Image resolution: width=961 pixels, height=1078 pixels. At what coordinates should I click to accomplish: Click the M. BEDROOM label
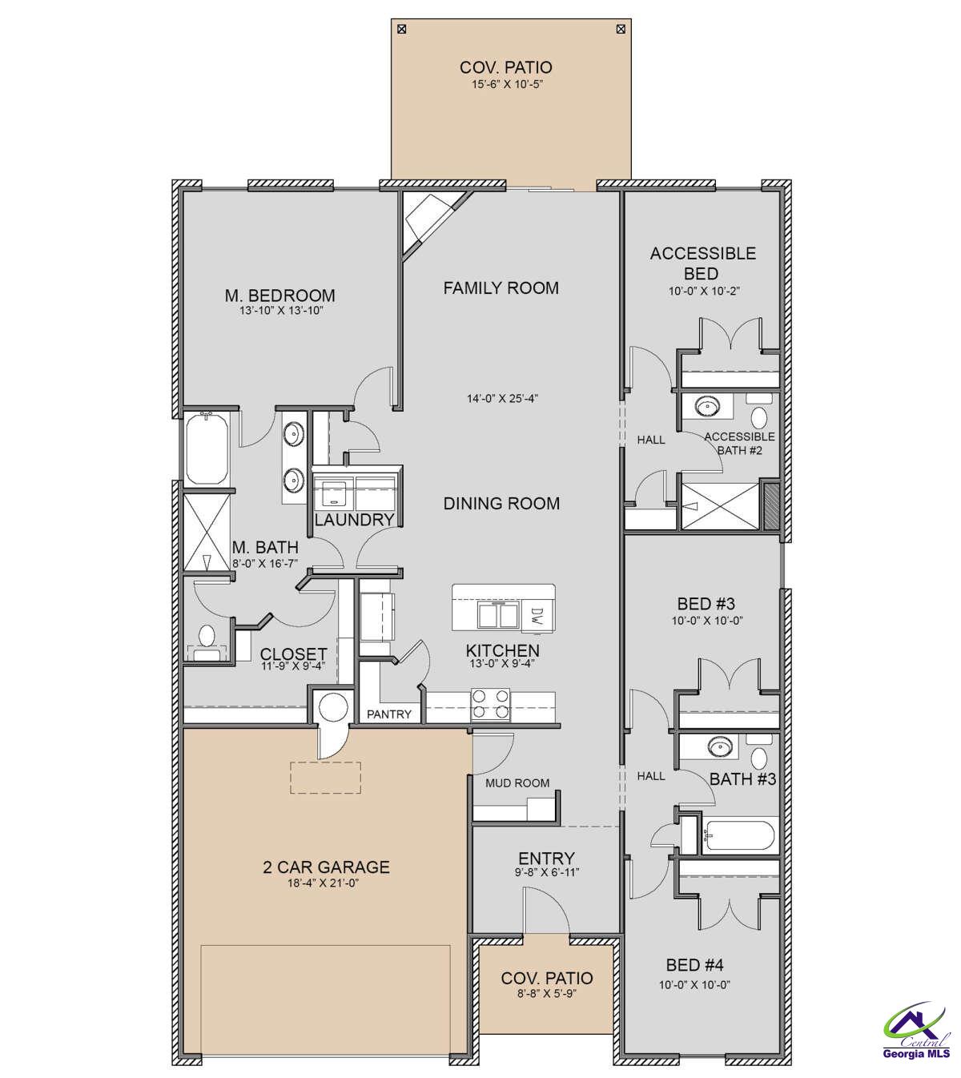(x=279, y=296)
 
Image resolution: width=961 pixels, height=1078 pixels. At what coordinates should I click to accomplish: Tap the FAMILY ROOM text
(x=501, y=288)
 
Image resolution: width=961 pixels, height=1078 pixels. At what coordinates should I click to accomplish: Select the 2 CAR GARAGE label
(x=326, y=867)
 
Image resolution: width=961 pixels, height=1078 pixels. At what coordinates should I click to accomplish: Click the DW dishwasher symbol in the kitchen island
(x=536, y=616)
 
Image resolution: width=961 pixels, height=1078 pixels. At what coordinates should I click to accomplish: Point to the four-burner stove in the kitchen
(x=490, y=704)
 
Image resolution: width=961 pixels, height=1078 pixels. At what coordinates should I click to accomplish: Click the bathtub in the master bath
(x=208, y=448)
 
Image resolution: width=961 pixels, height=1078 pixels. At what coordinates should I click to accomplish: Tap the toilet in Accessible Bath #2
(x=758, y=415)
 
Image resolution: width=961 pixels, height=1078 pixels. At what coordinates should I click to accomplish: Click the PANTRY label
(x=389, y=714)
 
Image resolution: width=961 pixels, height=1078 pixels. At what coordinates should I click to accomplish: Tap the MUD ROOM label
(x=517, y=782)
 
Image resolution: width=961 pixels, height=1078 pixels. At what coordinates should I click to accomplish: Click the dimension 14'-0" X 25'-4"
(x=502, y=398)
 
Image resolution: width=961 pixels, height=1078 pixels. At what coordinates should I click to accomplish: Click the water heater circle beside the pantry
(x=330, y=708)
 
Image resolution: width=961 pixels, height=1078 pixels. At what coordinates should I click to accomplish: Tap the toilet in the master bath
(x=207, y=638)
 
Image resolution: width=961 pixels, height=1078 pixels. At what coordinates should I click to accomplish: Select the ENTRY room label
(x=546, y=859)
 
